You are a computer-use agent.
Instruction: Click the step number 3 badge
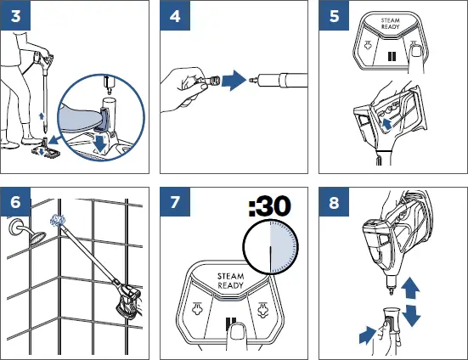click(15, 15)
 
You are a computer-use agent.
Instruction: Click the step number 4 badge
click(175, 15)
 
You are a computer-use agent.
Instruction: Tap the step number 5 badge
click(334, 15)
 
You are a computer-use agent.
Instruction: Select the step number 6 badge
click(15, 202)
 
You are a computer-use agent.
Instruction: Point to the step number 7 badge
click(175, 202)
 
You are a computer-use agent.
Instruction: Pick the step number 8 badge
click(334, 202)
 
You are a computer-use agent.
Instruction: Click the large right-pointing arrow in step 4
click(234, 80)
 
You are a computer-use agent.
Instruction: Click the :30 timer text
click(269, 205)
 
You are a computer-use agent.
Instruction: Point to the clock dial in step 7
click(270, 247)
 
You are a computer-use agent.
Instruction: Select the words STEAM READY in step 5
click(390, 24)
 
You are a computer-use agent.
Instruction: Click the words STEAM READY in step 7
click(231, 281)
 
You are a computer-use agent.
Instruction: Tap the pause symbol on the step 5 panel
click(392, 56)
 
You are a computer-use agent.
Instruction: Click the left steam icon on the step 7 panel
click(198, 308)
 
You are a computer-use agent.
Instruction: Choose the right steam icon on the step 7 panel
click(262, 310)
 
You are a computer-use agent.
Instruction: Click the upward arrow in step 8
click(410, 287)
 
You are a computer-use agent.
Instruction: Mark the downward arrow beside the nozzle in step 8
click(411, 316)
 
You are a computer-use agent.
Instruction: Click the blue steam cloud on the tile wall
click(58, 221)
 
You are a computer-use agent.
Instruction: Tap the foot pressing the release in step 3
click(80, 117)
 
